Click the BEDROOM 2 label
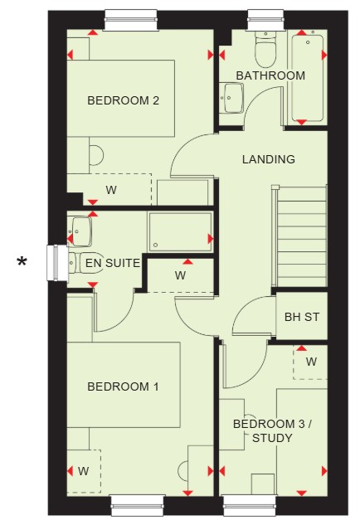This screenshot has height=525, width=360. pos(123,100)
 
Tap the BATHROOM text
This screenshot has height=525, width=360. pos(270,75)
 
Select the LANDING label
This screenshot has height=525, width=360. pos(269,159)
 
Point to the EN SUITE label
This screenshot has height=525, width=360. pos(113,263)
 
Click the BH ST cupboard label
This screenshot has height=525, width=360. pos(302,317)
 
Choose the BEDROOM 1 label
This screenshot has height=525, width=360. pos(123,386)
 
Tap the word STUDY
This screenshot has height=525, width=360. pos(272,438)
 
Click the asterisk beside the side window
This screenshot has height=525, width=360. pos(22,261)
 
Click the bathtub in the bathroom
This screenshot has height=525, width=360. pos(308,78)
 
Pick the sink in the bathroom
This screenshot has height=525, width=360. pos(231,98)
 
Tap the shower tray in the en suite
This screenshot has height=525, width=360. pos(180,231)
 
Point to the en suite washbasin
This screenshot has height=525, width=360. pos(80,231)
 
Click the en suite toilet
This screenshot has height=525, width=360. pos(85,263)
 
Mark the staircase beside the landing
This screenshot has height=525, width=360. pos(299,236)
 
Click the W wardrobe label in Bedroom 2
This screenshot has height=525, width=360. pos(111,190)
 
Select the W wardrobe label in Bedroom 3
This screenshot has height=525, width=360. pos(311,362)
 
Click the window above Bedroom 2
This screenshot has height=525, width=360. pos(131,20)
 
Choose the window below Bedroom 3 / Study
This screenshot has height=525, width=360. pos(251,505)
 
